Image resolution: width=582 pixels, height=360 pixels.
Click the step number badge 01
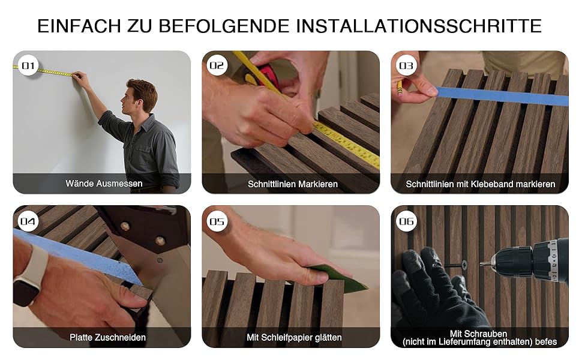[28, 65]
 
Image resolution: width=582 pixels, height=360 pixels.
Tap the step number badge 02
[217, 65]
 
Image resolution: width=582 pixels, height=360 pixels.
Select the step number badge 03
[406, 65]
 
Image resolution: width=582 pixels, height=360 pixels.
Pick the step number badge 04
[28, 221]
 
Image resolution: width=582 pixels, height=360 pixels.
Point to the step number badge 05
[217, 221]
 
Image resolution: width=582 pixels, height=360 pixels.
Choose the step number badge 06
[406, 221]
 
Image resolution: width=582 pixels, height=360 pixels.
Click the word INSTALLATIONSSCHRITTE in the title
[419, 26]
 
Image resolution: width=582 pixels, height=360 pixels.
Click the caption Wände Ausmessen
[104, 184]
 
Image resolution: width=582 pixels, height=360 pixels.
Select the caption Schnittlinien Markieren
[292, 184]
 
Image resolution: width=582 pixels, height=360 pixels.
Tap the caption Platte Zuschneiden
[107, 337]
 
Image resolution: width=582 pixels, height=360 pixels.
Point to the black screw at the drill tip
[456, 265]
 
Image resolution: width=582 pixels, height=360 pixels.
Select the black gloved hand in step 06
[434, 293]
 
